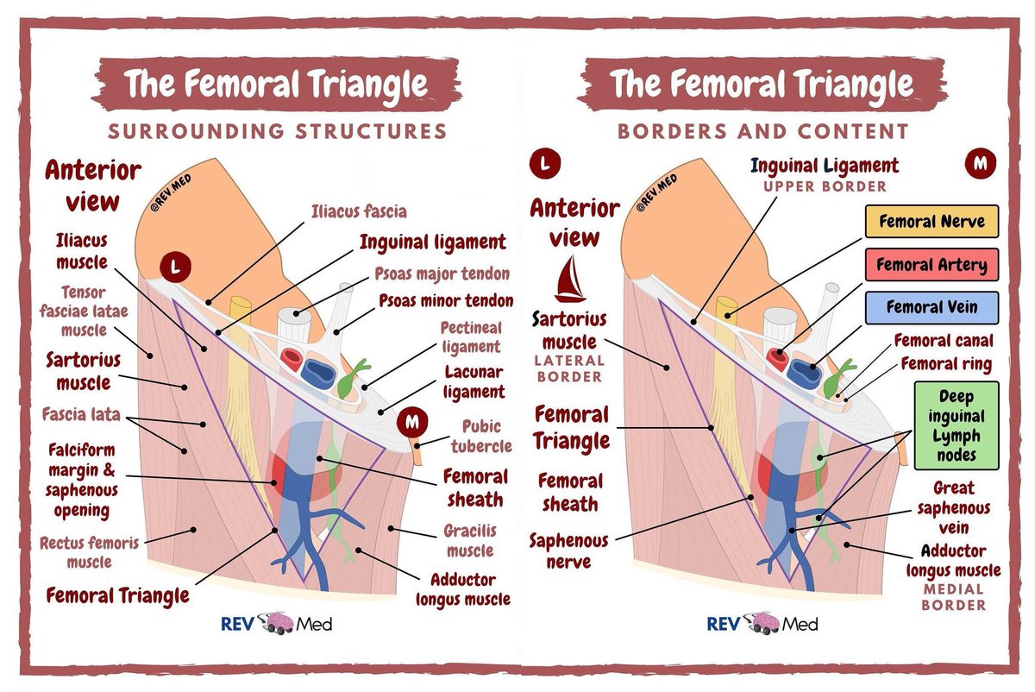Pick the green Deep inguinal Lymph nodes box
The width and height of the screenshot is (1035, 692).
click(x=956, y=425)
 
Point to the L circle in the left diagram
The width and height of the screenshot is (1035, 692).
click(x=175, y=268)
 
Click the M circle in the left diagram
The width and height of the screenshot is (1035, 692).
click(x=412, y=424)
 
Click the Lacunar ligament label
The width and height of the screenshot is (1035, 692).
click(x=474, y=382)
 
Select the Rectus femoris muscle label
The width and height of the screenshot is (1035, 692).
click(x=91, y=552)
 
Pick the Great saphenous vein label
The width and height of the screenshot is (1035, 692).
click(x=961, y=507)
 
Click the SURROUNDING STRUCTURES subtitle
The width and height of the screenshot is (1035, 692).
click(x=278, y=131)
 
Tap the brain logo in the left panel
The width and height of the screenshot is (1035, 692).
click(x=276, y=622)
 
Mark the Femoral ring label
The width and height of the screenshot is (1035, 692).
click(x=947, y=364)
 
